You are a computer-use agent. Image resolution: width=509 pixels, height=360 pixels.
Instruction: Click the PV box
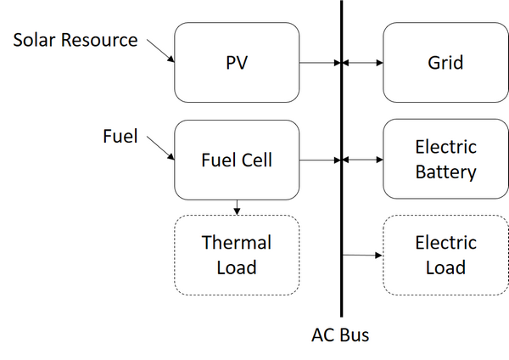[x=237, y=63]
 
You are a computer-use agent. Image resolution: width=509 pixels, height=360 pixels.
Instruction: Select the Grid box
[x=445, y=63]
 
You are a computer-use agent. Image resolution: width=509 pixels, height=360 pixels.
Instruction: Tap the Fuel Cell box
[x=237, y=160]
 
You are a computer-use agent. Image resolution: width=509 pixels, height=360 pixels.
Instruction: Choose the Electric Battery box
[x=445, y=160]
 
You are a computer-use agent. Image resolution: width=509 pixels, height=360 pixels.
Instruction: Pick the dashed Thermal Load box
[x=237, y=255]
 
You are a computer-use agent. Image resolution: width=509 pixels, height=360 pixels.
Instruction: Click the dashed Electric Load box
[x=445, y=255]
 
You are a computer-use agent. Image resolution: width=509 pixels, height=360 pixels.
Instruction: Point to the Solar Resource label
[x=75, y=40]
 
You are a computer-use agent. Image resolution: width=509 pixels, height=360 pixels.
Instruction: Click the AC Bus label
[x=340, y=335]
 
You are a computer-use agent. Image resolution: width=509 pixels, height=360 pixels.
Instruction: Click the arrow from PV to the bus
[x=319, y=63]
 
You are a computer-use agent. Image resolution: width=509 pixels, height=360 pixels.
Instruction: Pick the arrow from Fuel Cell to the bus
[x=319, y=160]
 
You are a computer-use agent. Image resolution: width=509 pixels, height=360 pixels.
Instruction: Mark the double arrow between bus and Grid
[x=363, y=63]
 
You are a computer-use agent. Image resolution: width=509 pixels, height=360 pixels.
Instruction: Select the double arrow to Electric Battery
[x=363, y=160]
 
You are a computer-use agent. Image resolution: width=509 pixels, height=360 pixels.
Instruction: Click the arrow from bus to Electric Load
[x=363, y=255]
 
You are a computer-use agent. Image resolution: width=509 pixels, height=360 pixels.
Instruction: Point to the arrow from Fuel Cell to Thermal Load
[x=237, y=206]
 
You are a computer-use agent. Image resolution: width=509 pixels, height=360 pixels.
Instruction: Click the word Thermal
[x=237, y=243]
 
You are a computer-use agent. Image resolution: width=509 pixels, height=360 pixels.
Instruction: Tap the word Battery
[x=445, y=172]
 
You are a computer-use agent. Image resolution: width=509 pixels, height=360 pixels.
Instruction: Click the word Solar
[x=35, y=40]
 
